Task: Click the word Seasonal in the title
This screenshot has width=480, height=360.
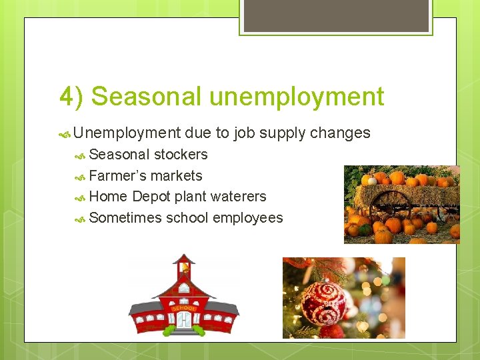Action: pyautogui.click(x=146, y=97)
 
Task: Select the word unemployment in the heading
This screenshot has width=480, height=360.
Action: pyautogui.click(x=297, y=97)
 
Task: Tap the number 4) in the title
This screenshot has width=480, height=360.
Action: pyautogui.click(x=71, y=97)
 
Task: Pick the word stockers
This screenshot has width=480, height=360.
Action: pyautogui.click(x=181, y=155)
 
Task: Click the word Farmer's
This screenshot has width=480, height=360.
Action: pyautogui.click(x=117, y=176)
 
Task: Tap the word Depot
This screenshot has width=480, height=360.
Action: pyautogui.click(x=151, y=197)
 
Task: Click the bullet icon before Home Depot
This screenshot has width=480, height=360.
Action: pyautogui.click(x=81, y=197)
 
